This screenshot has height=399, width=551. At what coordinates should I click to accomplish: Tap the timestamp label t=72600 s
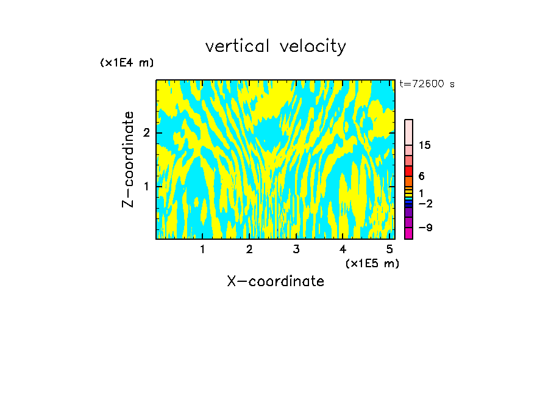pos(427,84)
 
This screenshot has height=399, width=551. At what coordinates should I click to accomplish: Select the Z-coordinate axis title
pos(128,159)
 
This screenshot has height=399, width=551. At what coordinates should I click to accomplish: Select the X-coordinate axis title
pos(275,281)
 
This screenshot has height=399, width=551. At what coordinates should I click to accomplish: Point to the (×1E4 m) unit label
pos(127,63)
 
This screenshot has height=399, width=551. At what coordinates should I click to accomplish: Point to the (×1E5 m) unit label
pos(372,263)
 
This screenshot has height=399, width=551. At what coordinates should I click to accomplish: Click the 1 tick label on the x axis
pos(202,249)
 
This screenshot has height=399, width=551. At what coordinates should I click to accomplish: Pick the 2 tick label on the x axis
pos(249,249)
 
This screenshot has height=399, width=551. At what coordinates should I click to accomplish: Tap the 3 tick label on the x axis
pos(296,249)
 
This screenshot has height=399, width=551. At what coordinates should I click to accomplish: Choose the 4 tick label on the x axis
pos(343,249)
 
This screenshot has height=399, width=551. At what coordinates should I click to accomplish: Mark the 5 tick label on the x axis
pos(389,249)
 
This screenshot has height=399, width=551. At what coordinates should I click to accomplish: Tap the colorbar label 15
pos(425,145)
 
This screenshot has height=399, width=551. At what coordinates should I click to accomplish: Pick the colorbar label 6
pos(421,176)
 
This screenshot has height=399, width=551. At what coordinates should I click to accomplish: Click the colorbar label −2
pos(425,203)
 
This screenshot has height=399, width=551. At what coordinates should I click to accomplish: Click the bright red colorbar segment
pos(409,171)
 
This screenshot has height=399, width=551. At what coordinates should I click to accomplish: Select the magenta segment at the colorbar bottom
pos(409,232)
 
